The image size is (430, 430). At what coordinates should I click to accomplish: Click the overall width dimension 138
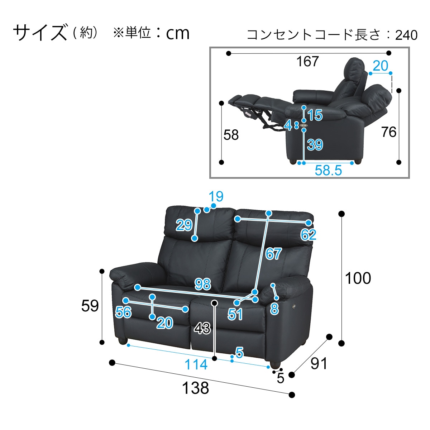tap(196, 388)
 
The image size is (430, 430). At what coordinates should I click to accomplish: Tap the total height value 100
tap(358, 278)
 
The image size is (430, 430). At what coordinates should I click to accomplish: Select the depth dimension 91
tap(319, 364)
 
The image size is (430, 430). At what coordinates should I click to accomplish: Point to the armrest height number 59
tap(90, 306)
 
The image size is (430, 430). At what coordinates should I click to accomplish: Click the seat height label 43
tap(202, 328)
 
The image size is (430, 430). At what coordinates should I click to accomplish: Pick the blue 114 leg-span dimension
tap(196, 365)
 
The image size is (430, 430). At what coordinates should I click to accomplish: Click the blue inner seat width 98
tap(202, 284)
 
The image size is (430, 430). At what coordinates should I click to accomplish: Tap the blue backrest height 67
tap(273, 254)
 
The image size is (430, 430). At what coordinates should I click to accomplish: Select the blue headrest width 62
tap(308, 235)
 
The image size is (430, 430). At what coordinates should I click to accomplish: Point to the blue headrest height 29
tap(184, 225)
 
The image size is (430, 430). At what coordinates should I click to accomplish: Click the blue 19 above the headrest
tap(216, 196)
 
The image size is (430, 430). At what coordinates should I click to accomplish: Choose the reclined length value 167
tap(307, 62)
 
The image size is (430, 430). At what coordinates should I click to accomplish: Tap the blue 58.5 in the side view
tap(328, 170)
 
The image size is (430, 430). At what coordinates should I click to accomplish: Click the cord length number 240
tap(406, 35)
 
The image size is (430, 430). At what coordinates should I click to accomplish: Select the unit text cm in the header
tap(177, 33)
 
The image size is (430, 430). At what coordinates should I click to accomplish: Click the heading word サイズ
tap(40, 33)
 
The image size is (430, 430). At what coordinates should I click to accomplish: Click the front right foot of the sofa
tap(274, 364)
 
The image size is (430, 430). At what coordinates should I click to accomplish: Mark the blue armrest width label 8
tap(274, 309)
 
